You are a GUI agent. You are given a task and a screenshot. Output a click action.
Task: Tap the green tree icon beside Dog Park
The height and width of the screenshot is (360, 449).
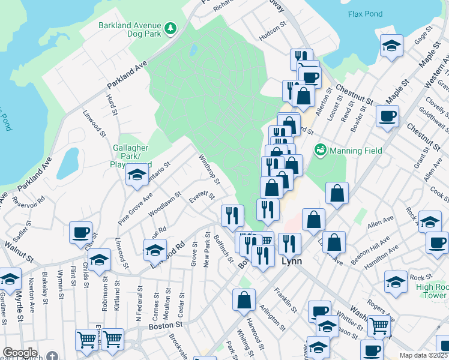click(171, 28)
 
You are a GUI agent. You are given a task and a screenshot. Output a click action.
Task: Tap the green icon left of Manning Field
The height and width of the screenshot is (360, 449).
click(320, 149)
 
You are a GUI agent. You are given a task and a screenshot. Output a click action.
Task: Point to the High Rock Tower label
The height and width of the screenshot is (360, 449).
click(432, 291)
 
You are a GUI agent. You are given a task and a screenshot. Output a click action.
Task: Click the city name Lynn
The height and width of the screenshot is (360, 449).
click(291, 262)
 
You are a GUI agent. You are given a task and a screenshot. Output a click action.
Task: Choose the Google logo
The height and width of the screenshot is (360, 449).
click(20, 353)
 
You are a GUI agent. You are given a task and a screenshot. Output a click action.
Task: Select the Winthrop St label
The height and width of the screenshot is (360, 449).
click(209, 169)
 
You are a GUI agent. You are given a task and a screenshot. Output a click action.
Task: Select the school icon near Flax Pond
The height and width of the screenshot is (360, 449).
click(391, 47)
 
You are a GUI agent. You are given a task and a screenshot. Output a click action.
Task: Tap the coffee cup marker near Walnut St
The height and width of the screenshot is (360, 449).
click(80, 233)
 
